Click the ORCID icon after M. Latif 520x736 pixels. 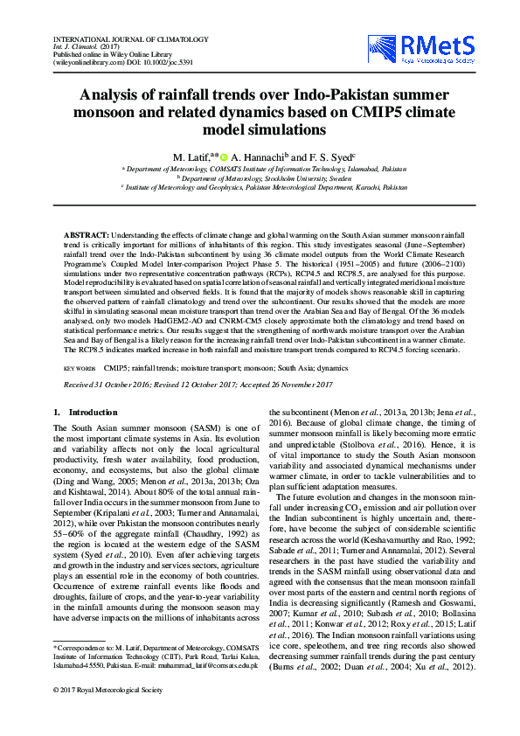(x=225, y=155)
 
